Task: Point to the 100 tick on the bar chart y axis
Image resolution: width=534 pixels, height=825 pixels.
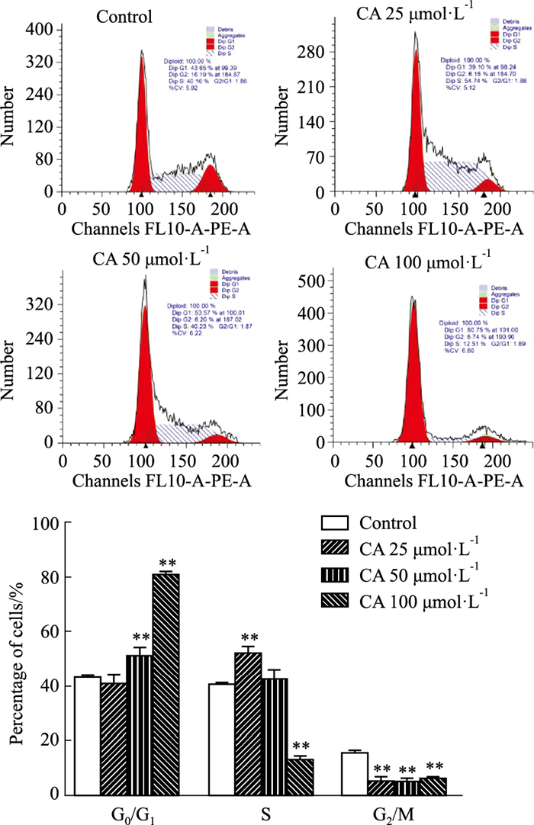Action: pyautogui.click(x=48, y=524)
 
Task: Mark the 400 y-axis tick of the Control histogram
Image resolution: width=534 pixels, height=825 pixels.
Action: pyautogui.click(x=38, y=30)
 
